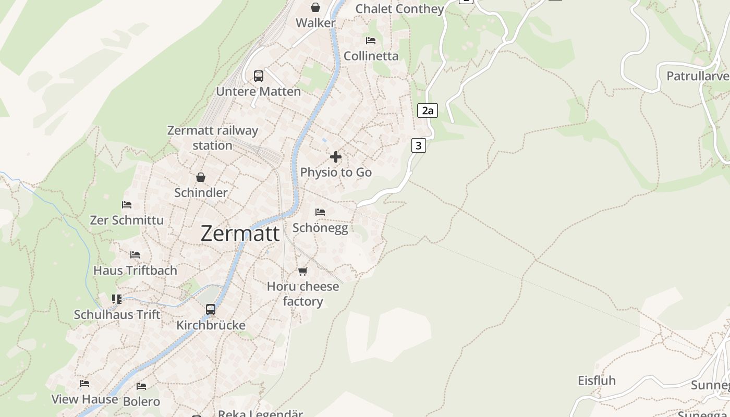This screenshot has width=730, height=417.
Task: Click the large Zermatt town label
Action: click(x=240, y=234)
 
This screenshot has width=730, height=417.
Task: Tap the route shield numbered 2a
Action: click(x=427, y=111)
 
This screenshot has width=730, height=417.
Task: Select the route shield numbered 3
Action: click(x=418, y=146)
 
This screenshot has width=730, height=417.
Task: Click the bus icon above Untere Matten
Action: click(x=259, y=76)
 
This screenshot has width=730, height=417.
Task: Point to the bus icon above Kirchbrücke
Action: click(x=211, y=310)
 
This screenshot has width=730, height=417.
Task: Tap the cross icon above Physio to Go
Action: click(x=336, y=157)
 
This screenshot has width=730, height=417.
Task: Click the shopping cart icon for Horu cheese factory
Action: click(x=302, y=271)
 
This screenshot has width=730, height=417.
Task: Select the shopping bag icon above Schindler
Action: click(x=201, y=178)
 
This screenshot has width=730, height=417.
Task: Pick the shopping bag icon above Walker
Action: click(x=315, y=7)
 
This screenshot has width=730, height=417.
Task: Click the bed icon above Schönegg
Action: click(x=320, y=212)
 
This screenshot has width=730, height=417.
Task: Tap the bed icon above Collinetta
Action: click(x=371, y=41)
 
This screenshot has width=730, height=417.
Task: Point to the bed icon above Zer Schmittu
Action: click(x=127, y=205)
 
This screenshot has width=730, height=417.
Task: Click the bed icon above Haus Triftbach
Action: click(x=135, y=255)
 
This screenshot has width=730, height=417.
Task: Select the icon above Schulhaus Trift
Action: click(x=117, y=299)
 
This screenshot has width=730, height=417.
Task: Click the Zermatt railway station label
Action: click(x=212, y=138)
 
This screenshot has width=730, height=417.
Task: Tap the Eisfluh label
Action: click(x=597, y=381)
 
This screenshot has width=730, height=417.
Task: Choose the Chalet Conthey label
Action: click(x=399, y=9)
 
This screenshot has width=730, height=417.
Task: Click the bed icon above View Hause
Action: click(x=84, y=384)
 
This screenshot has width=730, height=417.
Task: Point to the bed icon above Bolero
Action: click(x=141, y=386)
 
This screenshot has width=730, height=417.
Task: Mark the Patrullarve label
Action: click(x=698, y=76)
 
